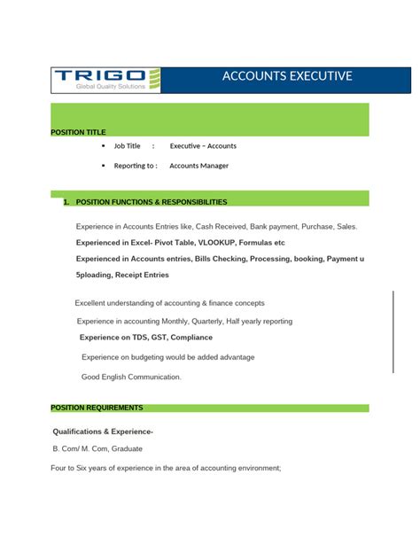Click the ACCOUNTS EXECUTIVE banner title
(x=287, y=76)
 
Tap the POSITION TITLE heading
(x=78, y=132)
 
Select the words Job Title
(x=127, y=145)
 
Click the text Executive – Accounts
(x=203, y=145)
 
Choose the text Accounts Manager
(x=198, y=166)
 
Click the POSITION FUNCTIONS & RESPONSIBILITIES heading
(x=152, y=202)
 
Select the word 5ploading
(x=96, y=275)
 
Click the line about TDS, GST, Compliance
(x=146, y=338)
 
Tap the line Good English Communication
(x=131, y=377)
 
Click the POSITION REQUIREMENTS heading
(x=97, y=408)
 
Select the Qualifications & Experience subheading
(x=104, y=432)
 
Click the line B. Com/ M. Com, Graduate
(x=97, y=448)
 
